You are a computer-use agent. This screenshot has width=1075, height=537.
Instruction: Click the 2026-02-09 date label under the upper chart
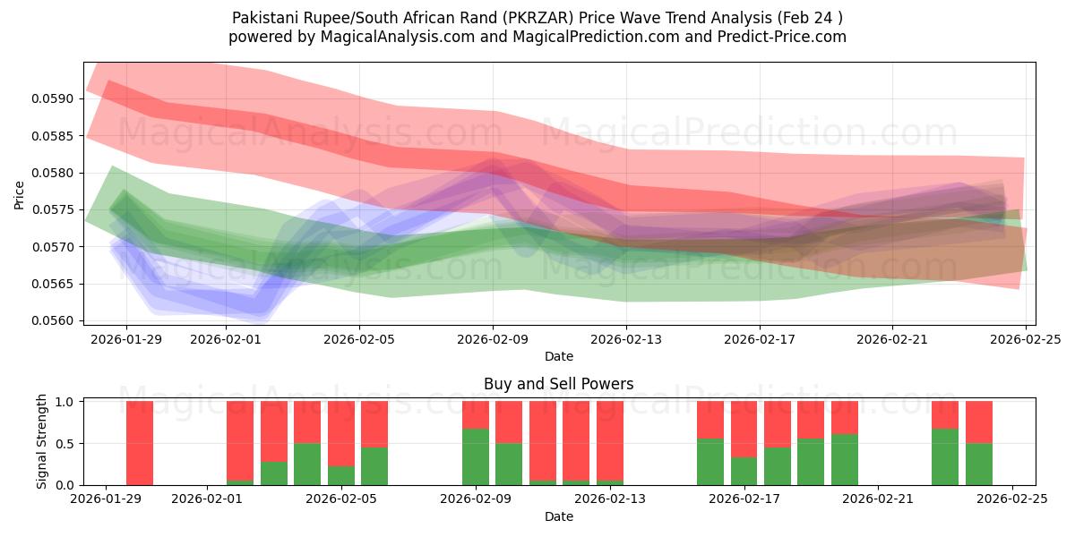tap(493, 339)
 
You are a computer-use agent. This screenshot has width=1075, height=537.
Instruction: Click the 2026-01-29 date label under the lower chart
tap(107, 499)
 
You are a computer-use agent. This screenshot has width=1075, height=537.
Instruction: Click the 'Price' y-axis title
tap(20, 194)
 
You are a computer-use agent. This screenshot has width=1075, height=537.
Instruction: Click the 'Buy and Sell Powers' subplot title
tap(558, 384)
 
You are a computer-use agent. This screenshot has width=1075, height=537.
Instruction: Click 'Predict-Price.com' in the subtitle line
tap(777, 37)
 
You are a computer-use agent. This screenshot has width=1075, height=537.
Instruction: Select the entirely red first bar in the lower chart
tap(140, 443)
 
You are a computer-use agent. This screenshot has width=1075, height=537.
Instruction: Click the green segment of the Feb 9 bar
tap(476, 456)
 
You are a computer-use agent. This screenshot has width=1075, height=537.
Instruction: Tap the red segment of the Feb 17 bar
tap(744, 430)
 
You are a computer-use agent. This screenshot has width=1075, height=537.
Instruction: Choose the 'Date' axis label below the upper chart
tap(558, 356)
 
